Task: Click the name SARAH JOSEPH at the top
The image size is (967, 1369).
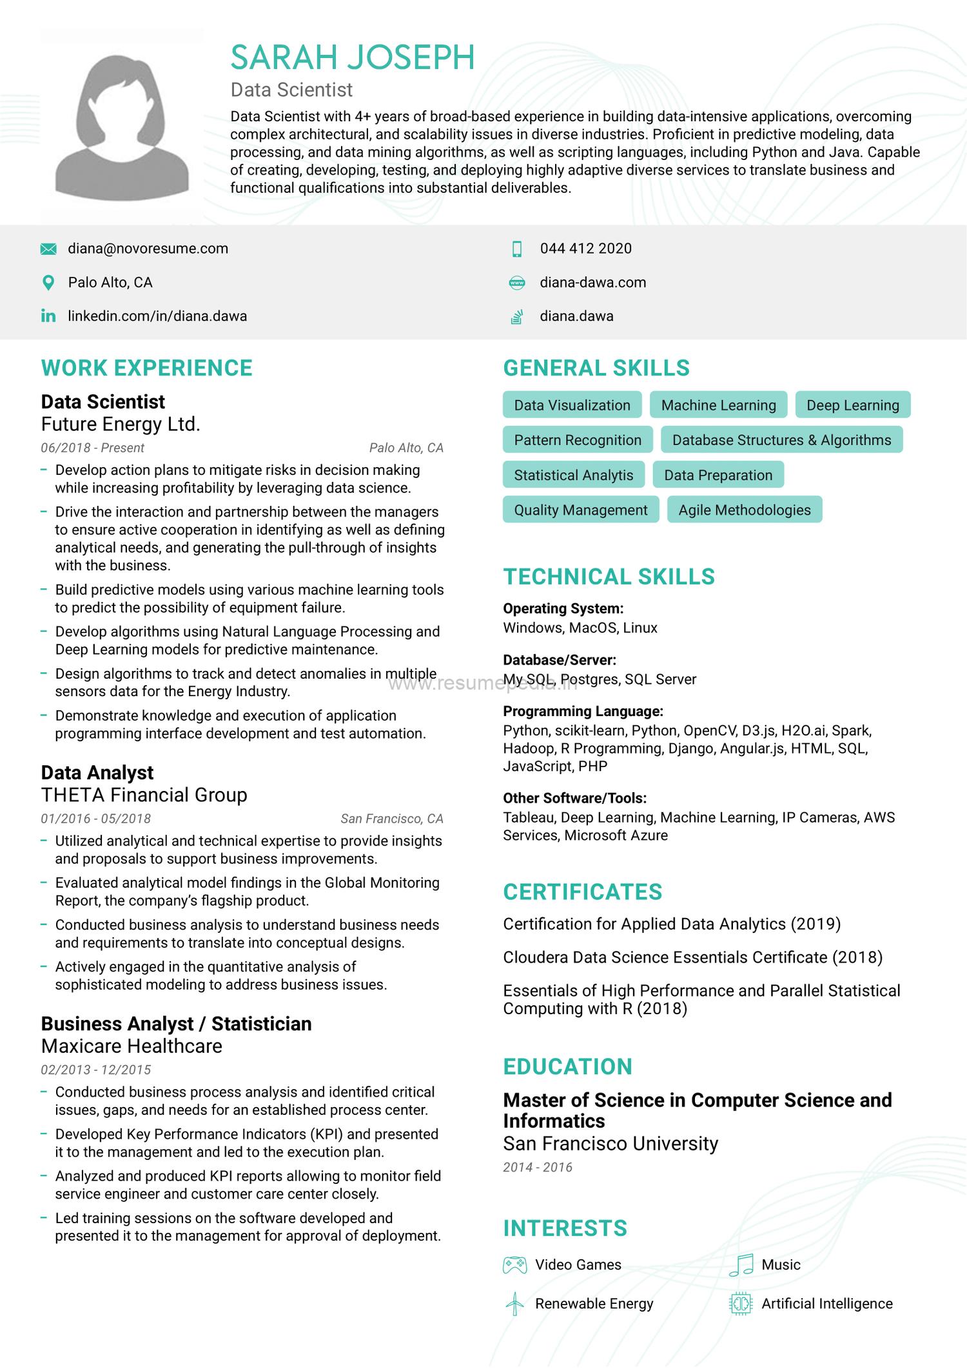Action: click(x=353, y=57)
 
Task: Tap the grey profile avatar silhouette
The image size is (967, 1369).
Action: click(x=122, y=126)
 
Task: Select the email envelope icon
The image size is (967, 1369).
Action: click(x=48, y=249)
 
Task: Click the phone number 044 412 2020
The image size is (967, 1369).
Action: click(x=585, y=249)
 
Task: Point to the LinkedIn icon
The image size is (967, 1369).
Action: click(x=48, y=316)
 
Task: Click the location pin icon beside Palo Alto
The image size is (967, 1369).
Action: click(x=48, y=283)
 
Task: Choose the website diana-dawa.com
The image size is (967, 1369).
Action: click(x=592, y=283)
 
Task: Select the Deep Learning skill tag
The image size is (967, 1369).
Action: click(x=852, y=405)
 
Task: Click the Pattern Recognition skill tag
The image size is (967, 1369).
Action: click(x=577, y=440)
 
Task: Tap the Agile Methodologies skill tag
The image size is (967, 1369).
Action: click(x=744, y=510)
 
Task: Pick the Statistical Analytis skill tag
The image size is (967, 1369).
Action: click(x=573, y=475)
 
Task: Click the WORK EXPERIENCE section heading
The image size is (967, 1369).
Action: click(x=146, y=368)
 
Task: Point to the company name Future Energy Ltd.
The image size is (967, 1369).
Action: click(x=121, y=425)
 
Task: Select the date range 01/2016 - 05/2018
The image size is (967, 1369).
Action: click(x=95, y=819)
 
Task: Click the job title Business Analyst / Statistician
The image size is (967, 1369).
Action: click(x=176, y=1024)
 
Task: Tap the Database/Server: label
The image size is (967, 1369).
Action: click(x=560, y=660)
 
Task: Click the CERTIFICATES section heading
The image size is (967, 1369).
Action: click(x=582, y=892)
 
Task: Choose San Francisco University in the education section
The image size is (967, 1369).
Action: click(x=610, y=1144)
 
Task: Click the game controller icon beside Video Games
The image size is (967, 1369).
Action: click(x=514, y=1265)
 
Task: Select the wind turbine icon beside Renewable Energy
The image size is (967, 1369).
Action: click(x=514, y=1304)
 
